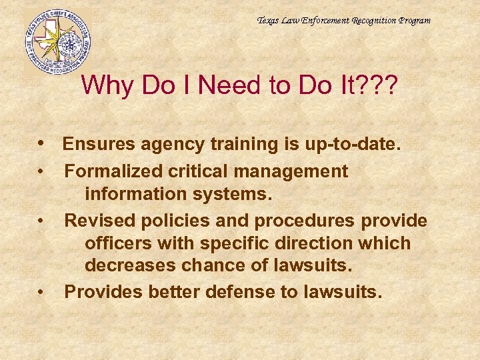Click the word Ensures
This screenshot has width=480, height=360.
tap(95, 144)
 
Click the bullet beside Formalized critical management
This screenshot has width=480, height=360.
tap(41, 172)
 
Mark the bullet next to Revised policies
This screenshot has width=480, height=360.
tap(41, 220)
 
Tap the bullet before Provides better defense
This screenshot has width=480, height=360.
tap(41, 292)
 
